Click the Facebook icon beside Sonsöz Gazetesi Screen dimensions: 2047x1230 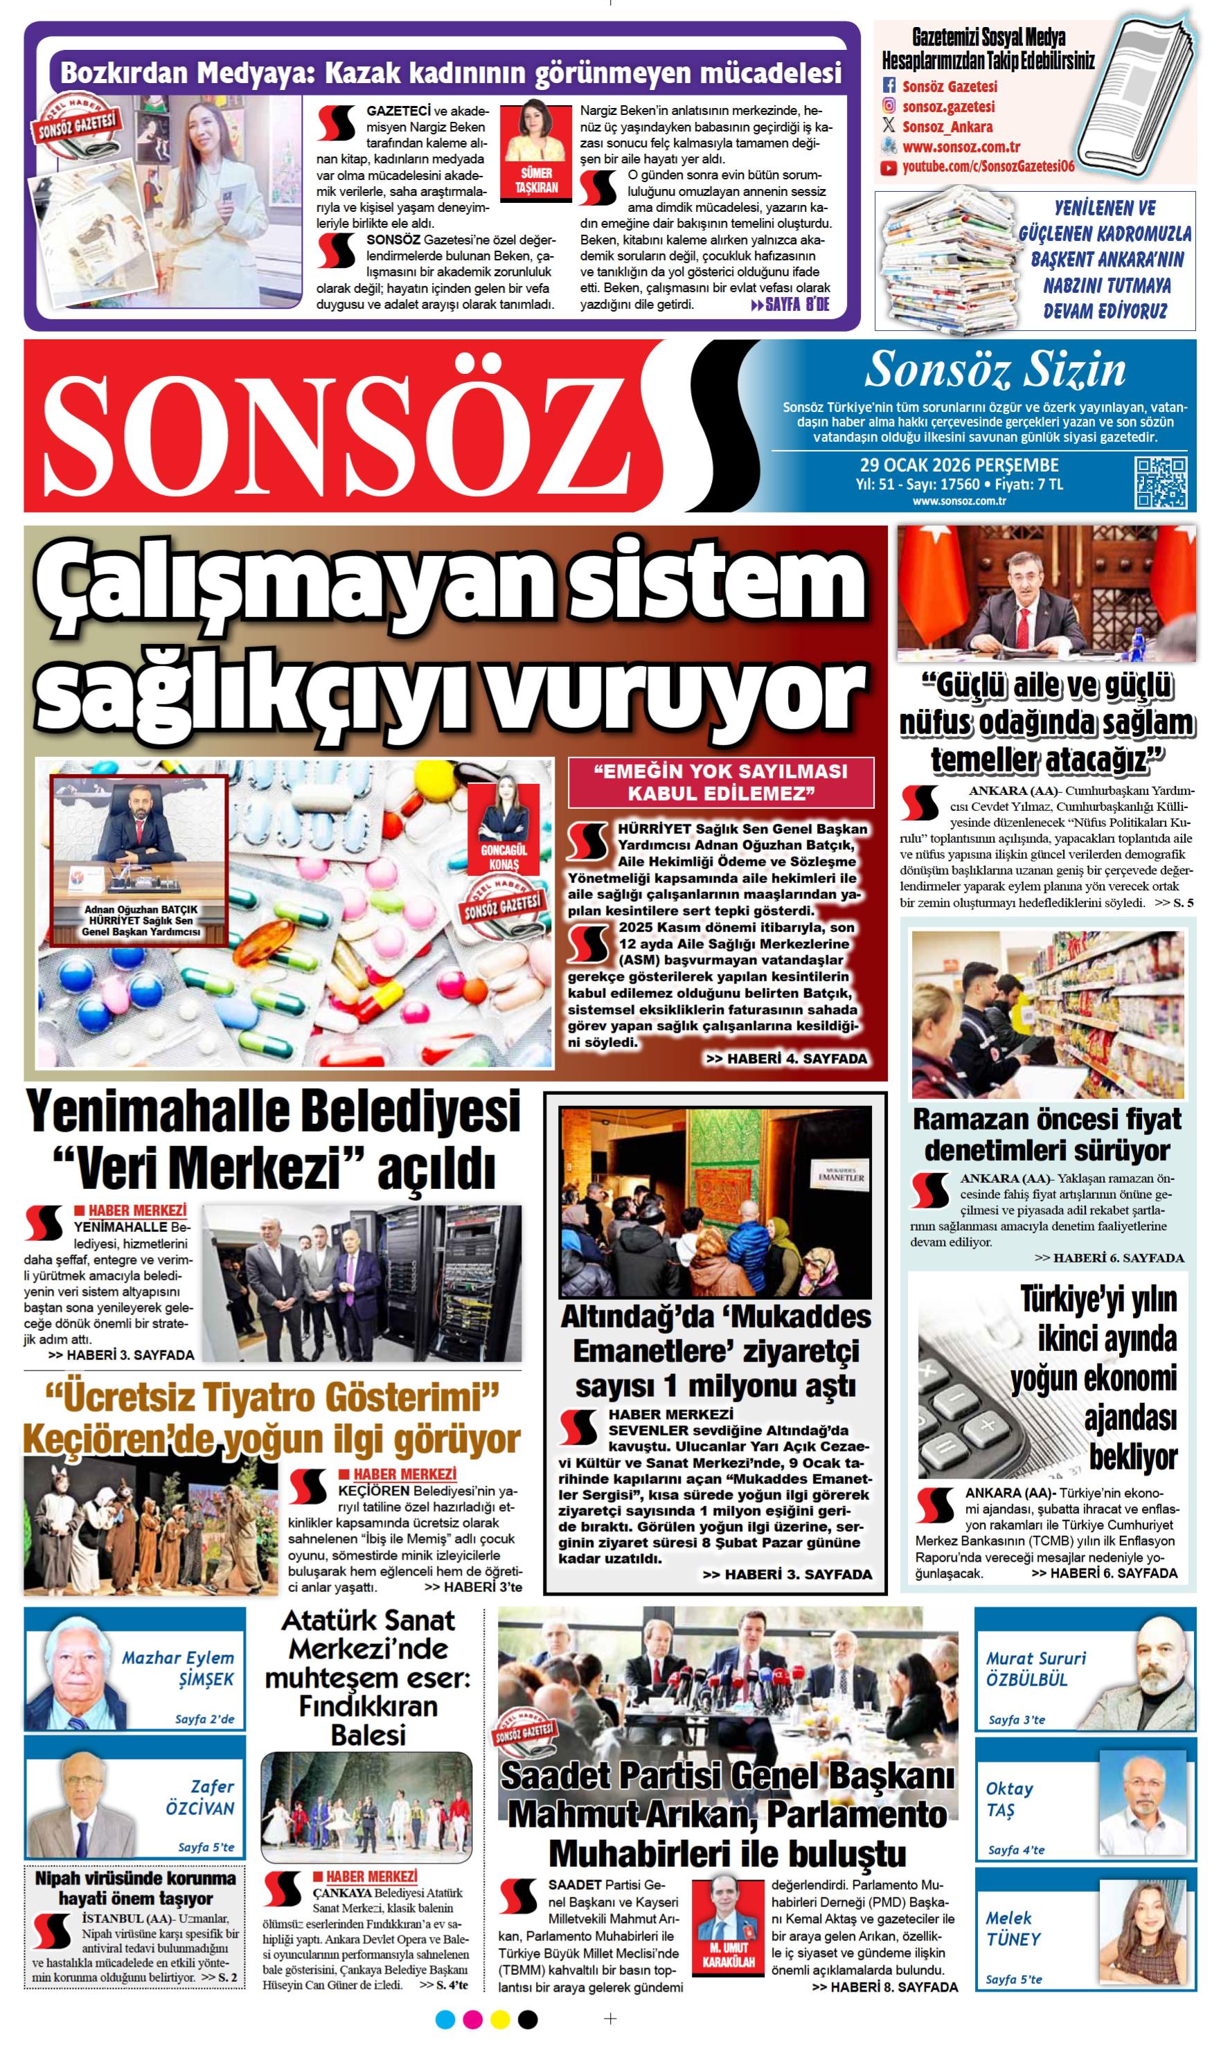click(x=889, y=86)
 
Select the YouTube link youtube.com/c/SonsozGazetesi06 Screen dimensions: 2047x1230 click(x=988, y=167)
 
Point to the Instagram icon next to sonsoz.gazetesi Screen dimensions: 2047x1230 click(x=889, y=106)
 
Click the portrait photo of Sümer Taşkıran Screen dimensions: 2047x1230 click(x=536, y=132)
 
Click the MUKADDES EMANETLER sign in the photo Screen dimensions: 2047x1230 click(x=841, y=1176)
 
